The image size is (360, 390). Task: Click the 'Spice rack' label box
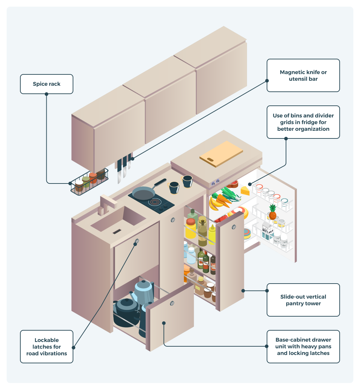tap(47, 84)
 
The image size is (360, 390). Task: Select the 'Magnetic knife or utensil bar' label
tap(303, 75)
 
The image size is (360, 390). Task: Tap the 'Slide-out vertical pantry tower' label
tap(303, 300)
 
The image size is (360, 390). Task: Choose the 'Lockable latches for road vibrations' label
tap(47, 347)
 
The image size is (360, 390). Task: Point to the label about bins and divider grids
tap(303, 122)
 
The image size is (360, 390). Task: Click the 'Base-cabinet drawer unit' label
tap(303, 347)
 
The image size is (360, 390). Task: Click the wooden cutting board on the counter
tap(221, 153)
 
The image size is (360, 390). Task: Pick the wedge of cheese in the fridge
tap(245, 191)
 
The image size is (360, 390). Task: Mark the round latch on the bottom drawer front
tap(172, 303)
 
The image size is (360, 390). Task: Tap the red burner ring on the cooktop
tap(155, 202)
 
